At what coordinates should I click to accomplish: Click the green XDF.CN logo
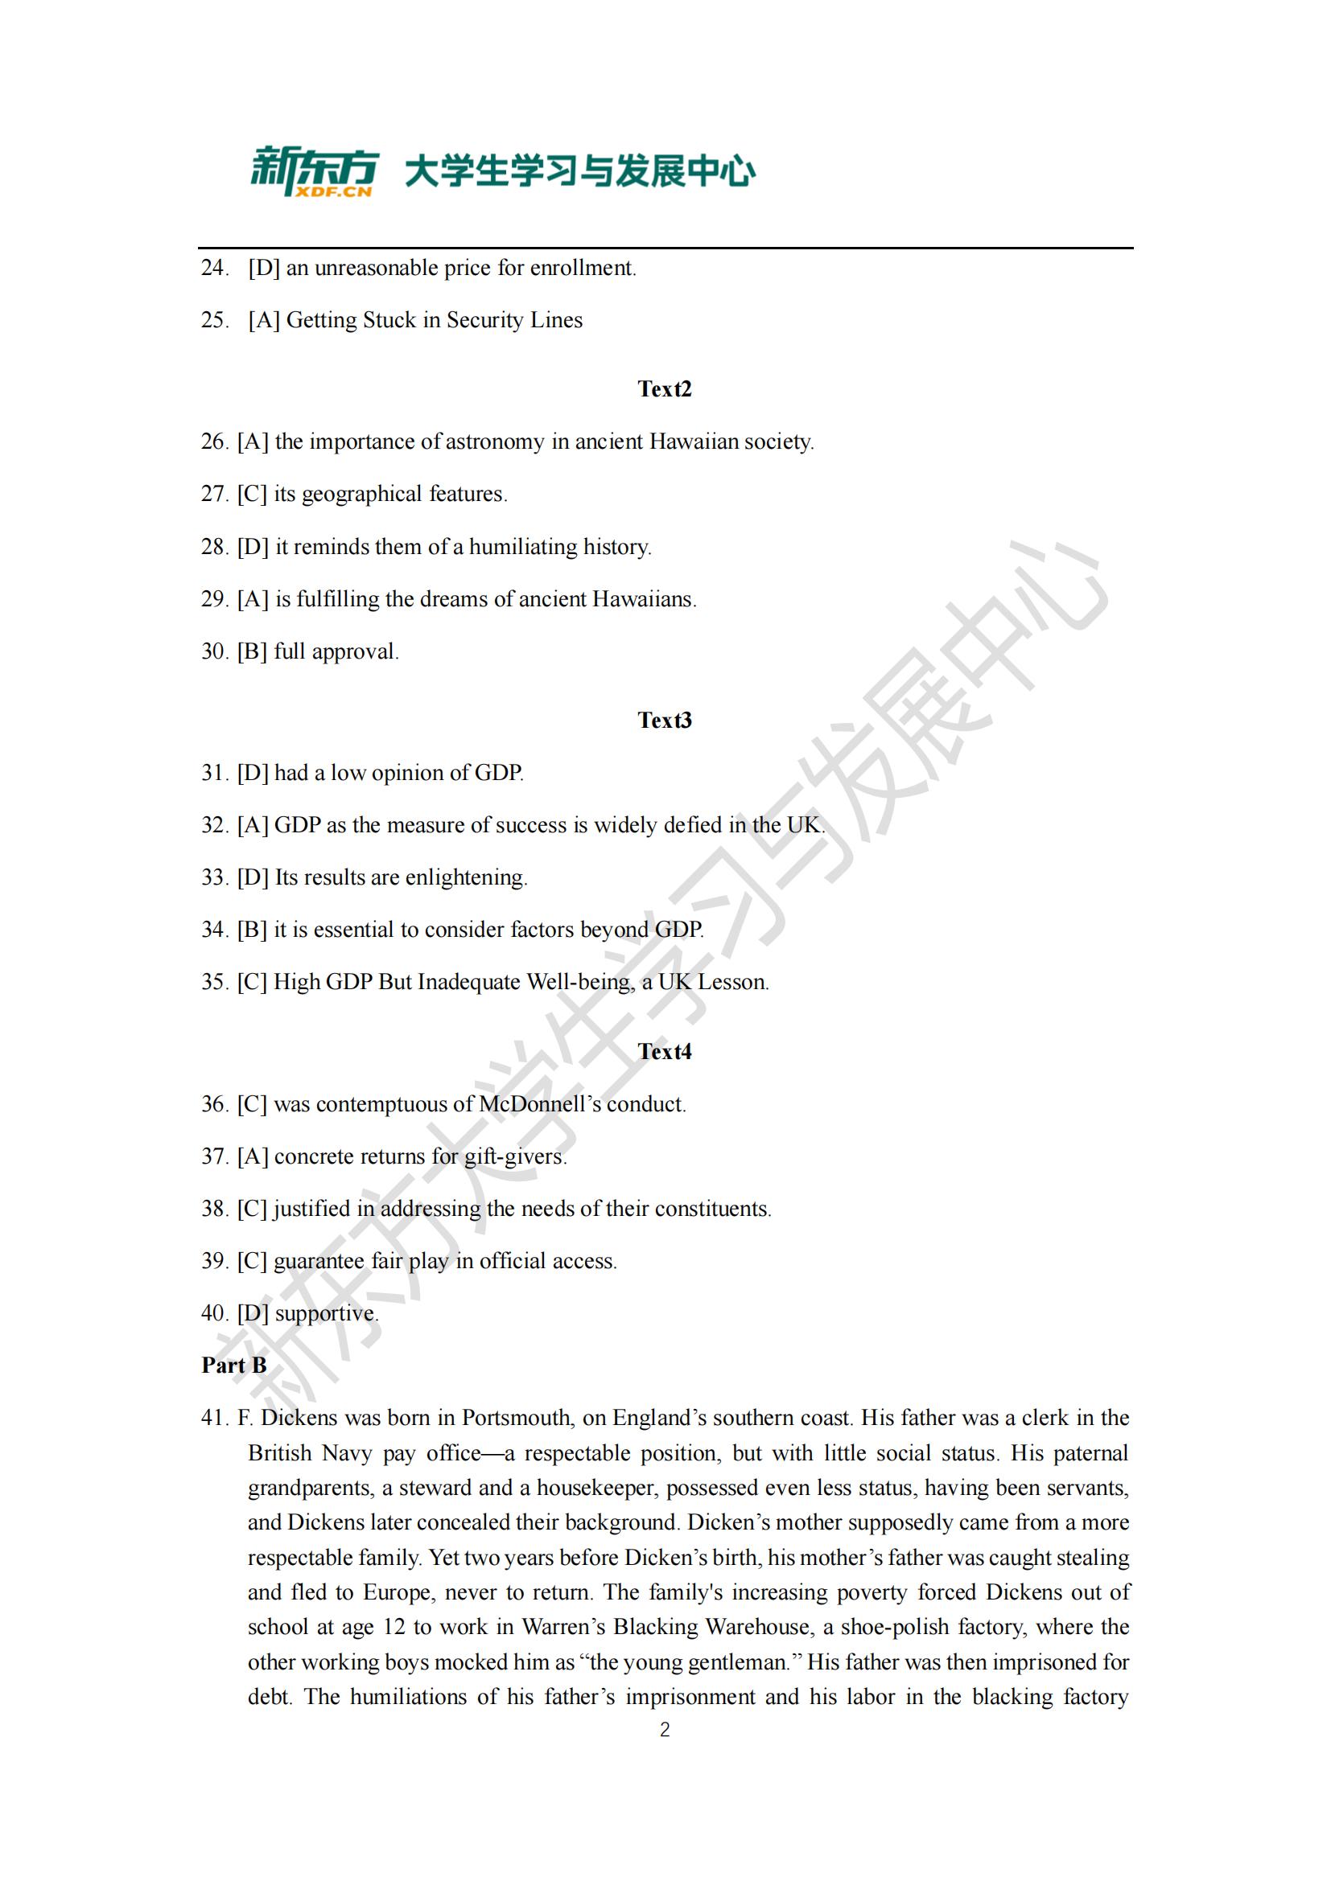pyautogui.click(x=314, y=171)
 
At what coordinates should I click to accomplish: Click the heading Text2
pyautogui.click(x=665, y=389)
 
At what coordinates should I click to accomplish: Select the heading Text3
pyautogui.click(x=665, y=720)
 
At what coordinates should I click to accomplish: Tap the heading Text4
pyautogui.click(x=665, y=1051)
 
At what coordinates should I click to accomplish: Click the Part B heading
pyautogui.click(x=234, y=1366)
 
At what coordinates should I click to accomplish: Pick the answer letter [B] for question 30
pyautogui.click(x=253, y=652)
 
